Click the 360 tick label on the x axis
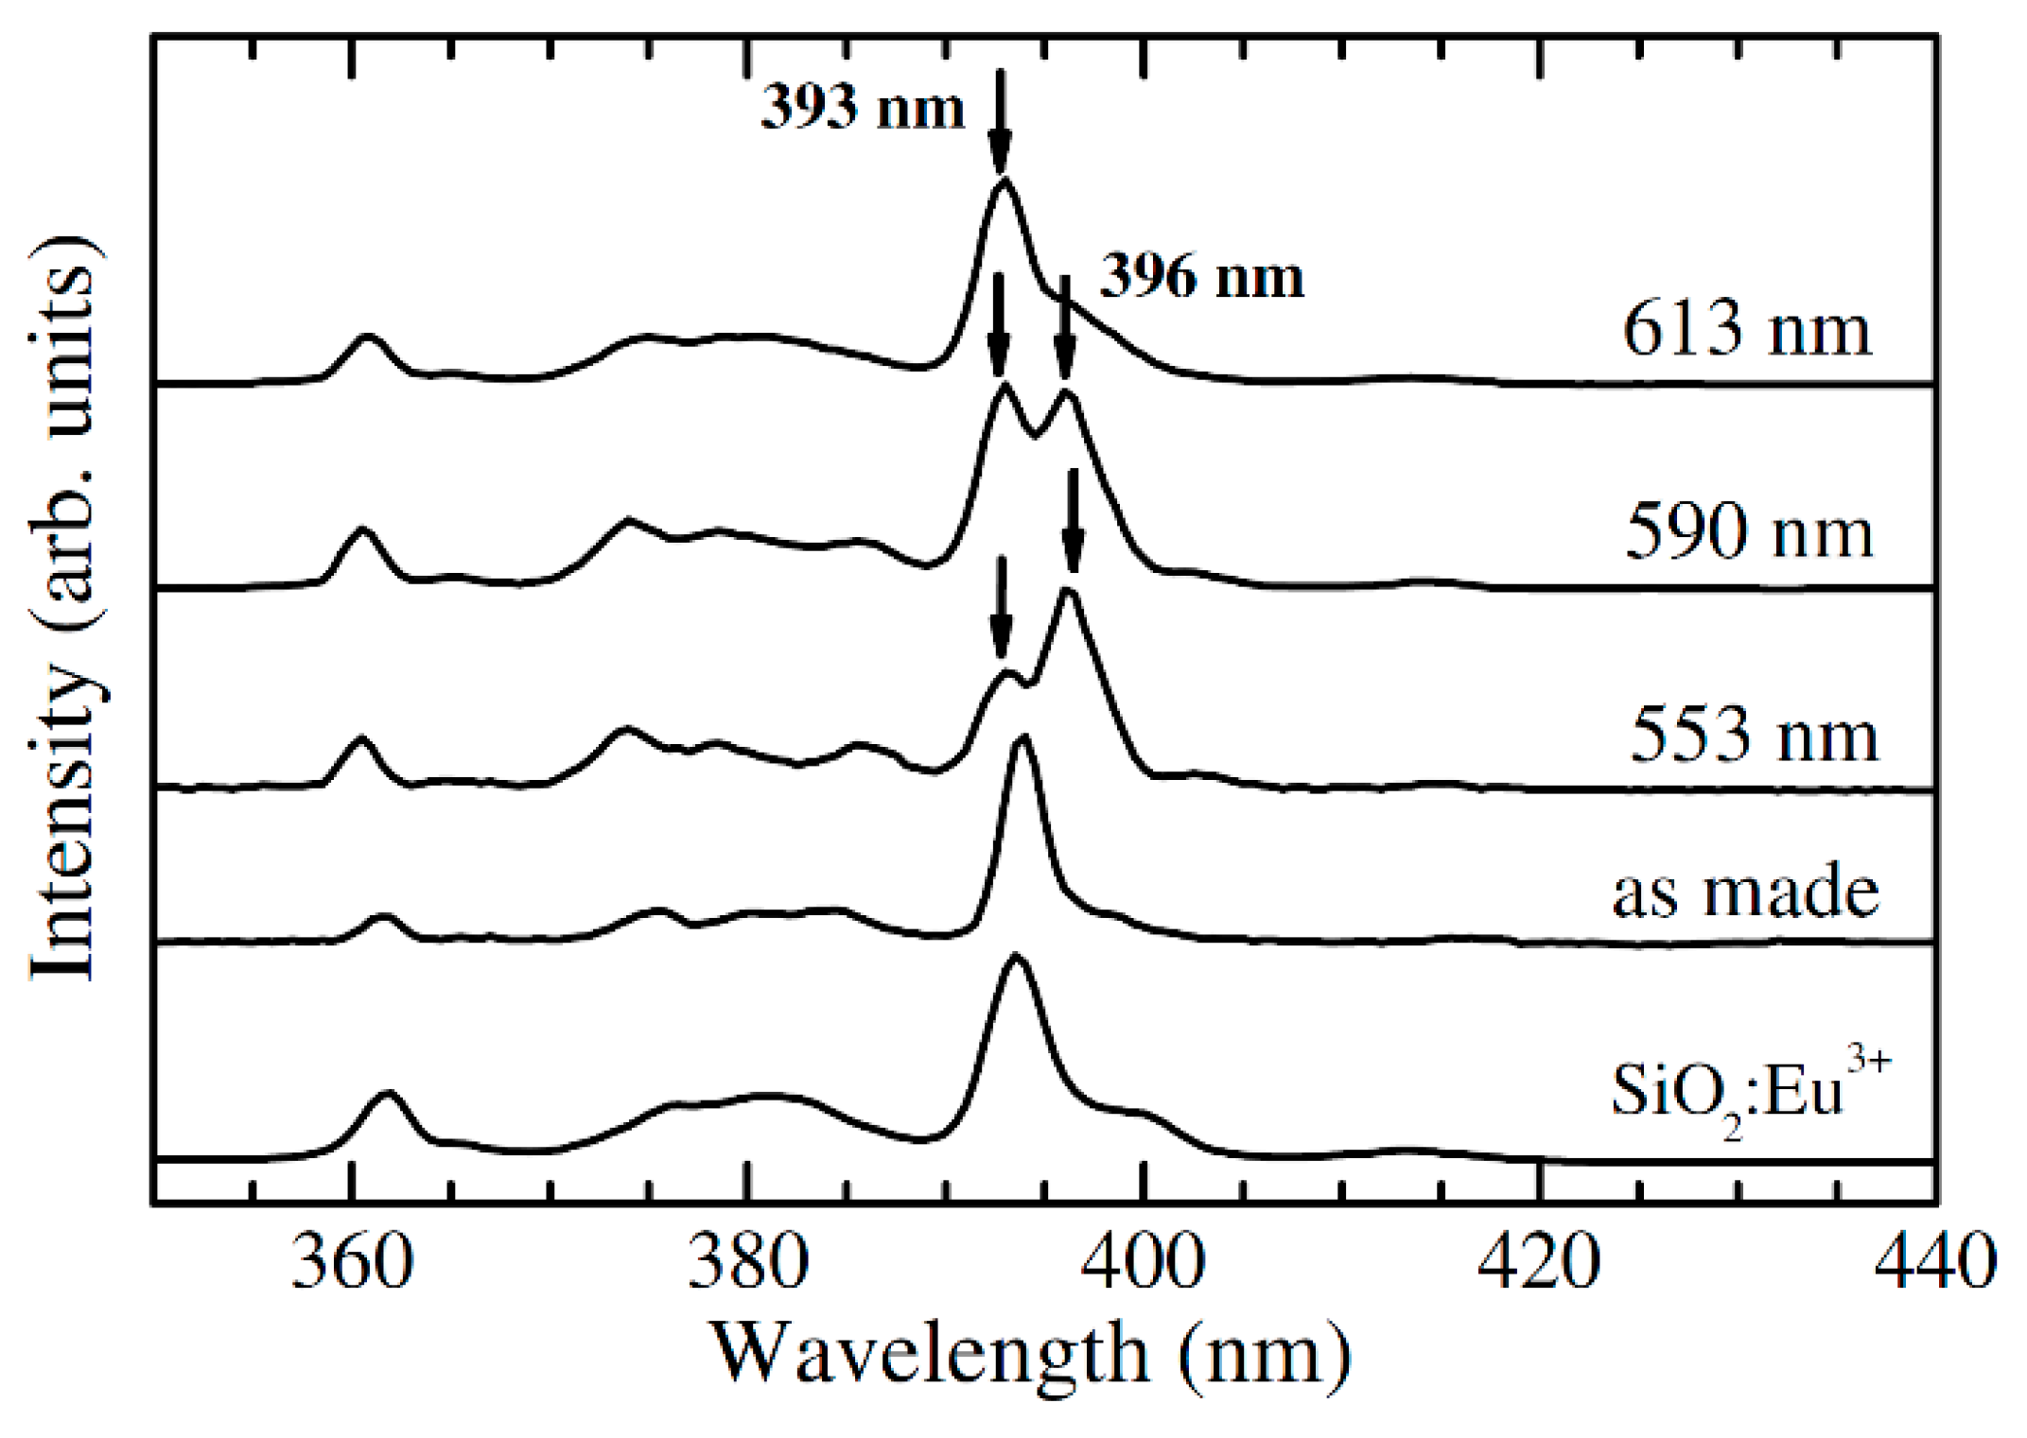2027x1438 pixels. [x=352, y=1263]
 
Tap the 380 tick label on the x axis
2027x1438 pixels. [x=748, y=1263]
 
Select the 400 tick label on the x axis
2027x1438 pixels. [x=1145, y=1263]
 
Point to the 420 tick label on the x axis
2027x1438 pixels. [x=1540, y=1263]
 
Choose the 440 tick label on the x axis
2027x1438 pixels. [x=1935, y=1263]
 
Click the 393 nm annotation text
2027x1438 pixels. [x=863, y=107]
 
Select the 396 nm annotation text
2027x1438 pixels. [x=1201, y=278]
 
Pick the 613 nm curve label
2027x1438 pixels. [x=1747, y=330]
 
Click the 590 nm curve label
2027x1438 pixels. [x=1749, y=533]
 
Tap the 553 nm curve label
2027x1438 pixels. [x=1754, y=736]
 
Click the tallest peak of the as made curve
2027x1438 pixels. [x=1022, y=738]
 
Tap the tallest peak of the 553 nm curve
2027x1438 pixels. [x=1068, y=592]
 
